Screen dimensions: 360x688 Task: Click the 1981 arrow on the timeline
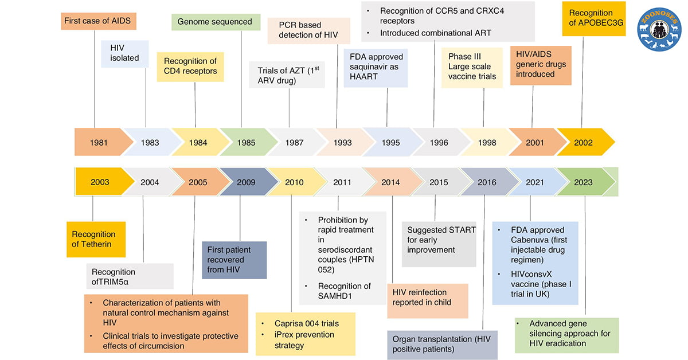[97, 142]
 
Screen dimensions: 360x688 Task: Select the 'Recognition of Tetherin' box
[95, 239]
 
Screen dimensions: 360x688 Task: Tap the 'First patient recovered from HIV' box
[234, 260]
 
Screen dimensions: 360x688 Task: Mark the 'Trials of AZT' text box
[287, 75]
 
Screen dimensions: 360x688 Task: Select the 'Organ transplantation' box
[441, 344]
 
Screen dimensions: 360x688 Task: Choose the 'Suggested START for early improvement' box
[439, 240]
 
